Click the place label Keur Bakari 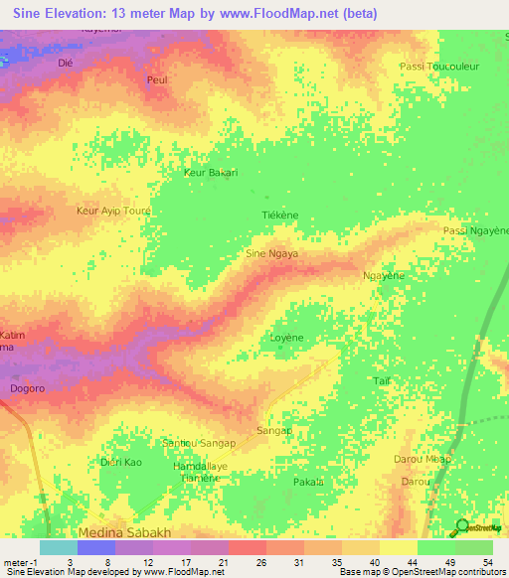(x=211, y=172)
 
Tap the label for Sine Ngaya (x=272, y=253)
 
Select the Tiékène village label (x=279, y=215)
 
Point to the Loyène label (x=286, y=338)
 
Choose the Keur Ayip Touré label (x=114, y=211)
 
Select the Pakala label (x=308, y=482)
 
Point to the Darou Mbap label (x=423, y=459)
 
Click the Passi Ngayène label (x=474, y=231)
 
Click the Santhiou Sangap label (x=199, y=442)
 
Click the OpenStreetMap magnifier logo (x=463, y=526)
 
